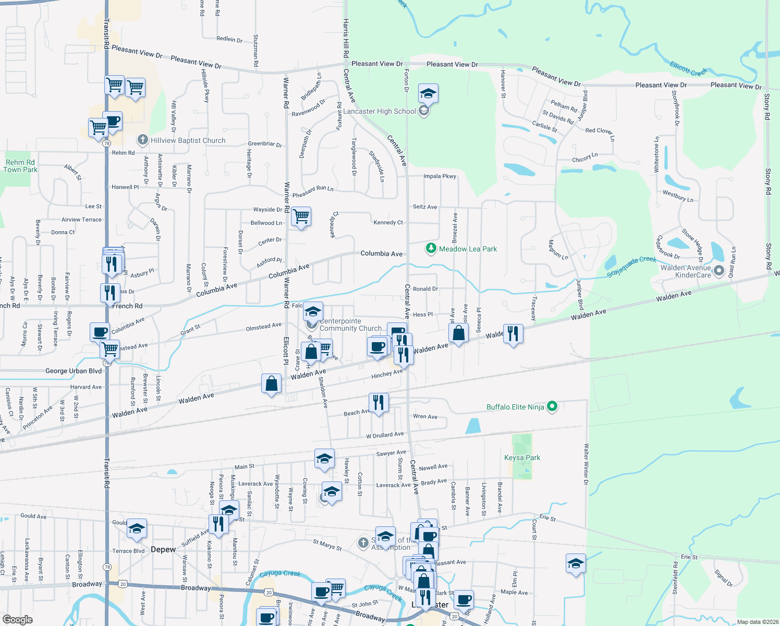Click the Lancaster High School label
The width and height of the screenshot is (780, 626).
(x=379, y=111)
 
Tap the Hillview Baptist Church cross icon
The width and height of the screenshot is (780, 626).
(x=142, y=140)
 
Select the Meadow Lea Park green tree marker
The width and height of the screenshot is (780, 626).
(x=431, y=248)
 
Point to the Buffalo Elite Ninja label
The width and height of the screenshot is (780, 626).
(x=515, y=407)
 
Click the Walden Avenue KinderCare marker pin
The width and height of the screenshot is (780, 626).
(x=720, y=270)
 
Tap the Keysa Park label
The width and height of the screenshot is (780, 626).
(x=522, y=458)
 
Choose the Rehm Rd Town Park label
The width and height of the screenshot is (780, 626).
(x=20, y=166)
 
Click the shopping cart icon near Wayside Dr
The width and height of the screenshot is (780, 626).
(x=301, y=216)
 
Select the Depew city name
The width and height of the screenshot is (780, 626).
(x=163, y=549)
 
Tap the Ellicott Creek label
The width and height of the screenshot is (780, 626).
(x=689, y=68)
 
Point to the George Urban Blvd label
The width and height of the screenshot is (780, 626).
(x=74, y=371)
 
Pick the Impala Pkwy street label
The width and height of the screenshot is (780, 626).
(x=440, y=176)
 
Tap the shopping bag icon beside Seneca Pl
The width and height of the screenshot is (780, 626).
(x=458, y=334)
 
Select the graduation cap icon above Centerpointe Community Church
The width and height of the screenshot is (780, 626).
(x=313, y=311)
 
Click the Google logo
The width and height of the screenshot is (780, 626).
(x=17, y=620)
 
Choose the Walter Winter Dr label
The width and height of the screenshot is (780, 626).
(x=586, y=464)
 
